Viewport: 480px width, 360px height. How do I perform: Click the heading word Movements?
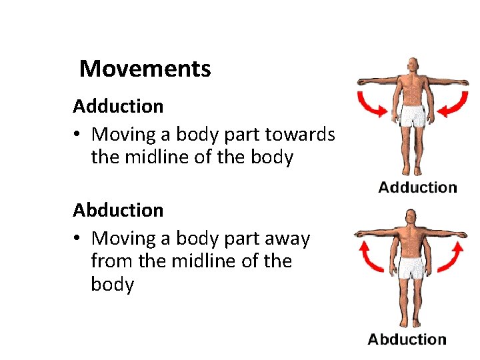(x=145, y=69)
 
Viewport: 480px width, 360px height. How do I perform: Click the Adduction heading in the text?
(x=118, y=106)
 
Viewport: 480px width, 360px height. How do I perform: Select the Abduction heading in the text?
(x=118, y=210)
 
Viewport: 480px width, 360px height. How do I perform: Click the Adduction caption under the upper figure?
(x=417, y=187)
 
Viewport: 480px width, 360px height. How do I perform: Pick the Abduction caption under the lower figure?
(x=407, y=339)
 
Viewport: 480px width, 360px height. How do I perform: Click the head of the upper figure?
(x=414, y=66)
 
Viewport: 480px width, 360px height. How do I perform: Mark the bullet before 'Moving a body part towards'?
(x=79, y=135)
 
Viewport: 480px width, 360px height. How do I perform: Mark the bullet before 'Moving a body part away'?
(x=79, y=239)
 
